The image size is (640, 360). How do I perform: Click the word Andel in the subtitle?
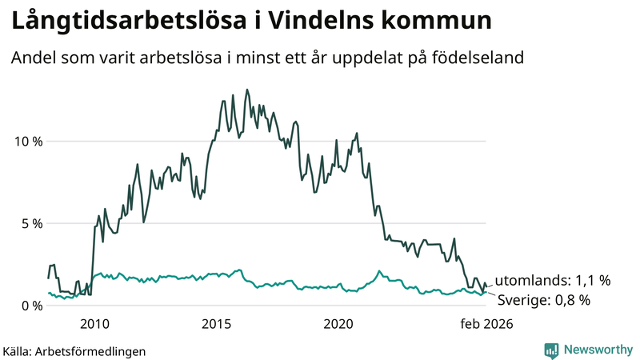coord(32,58)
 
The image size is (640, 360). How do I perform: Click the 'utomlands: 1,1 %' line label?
coord(552,281)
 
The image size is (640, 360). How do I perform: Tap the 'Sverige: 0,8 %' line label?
coord(544,301)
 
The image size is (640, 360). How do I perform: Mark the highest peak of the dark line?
coord(246,90)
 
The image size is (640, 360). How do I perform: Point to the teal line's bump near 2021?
coord(379,271)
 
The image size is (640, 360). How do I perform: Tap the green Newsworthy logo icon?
coord(551,350)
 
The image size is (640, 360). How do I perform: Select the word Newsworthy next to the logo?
coord(598,350)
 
